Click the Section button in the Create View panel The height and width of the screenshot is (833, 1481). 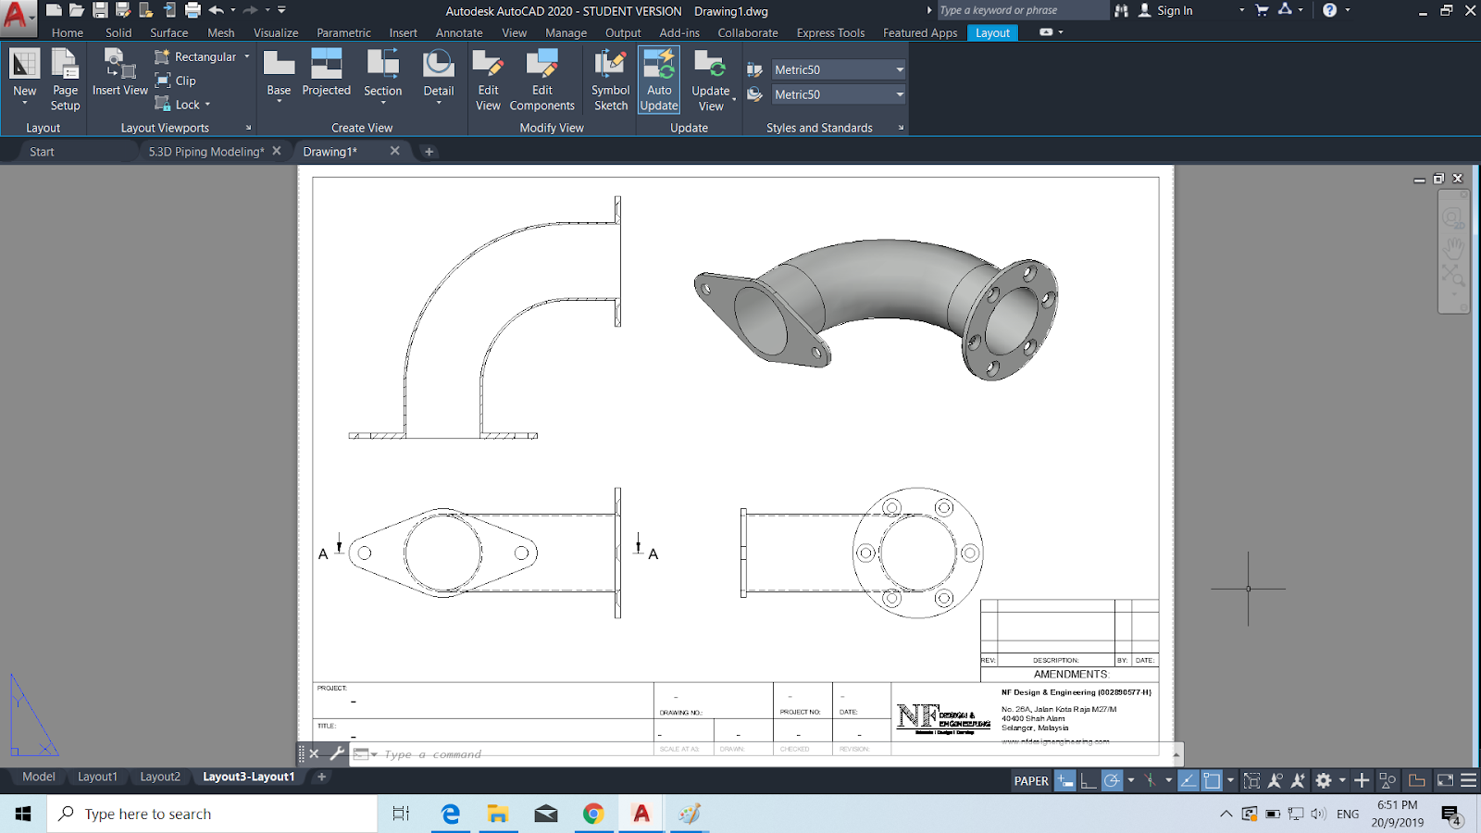382,74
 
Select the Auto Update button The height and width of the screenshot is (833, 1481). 659,80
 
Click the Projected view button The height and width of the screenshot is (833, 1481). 326,74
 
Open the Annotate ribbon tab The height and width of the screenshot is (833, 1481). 459,32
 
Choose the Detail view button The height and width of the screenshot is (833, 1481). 438,74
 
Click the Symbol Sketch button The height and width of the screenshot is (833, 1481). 610,80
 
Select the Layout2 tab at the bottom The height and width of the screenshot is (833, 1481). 160,777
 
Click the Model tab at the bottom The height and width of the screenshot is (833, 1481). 39,777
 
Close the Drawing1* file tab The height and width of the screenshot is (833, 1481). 395,151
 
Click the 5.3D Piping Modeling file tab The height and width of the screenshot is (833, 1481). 205,151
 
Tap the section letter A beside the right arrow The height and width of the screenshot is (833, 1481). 653,554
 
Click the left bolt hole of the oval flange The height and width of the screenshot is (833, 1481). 365,553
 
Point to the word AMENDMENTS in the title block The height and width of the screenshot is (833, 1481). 1070,674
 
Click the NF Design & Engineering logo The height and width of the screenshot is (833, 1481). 942,717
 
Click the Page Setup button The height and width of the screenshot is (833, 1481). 65,80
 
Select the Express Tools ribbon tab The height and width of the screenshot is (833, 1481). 830,32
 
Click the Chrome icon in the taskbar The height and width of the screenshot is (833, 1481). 593,814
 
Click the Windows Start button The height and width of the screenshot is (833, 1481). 23,814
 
